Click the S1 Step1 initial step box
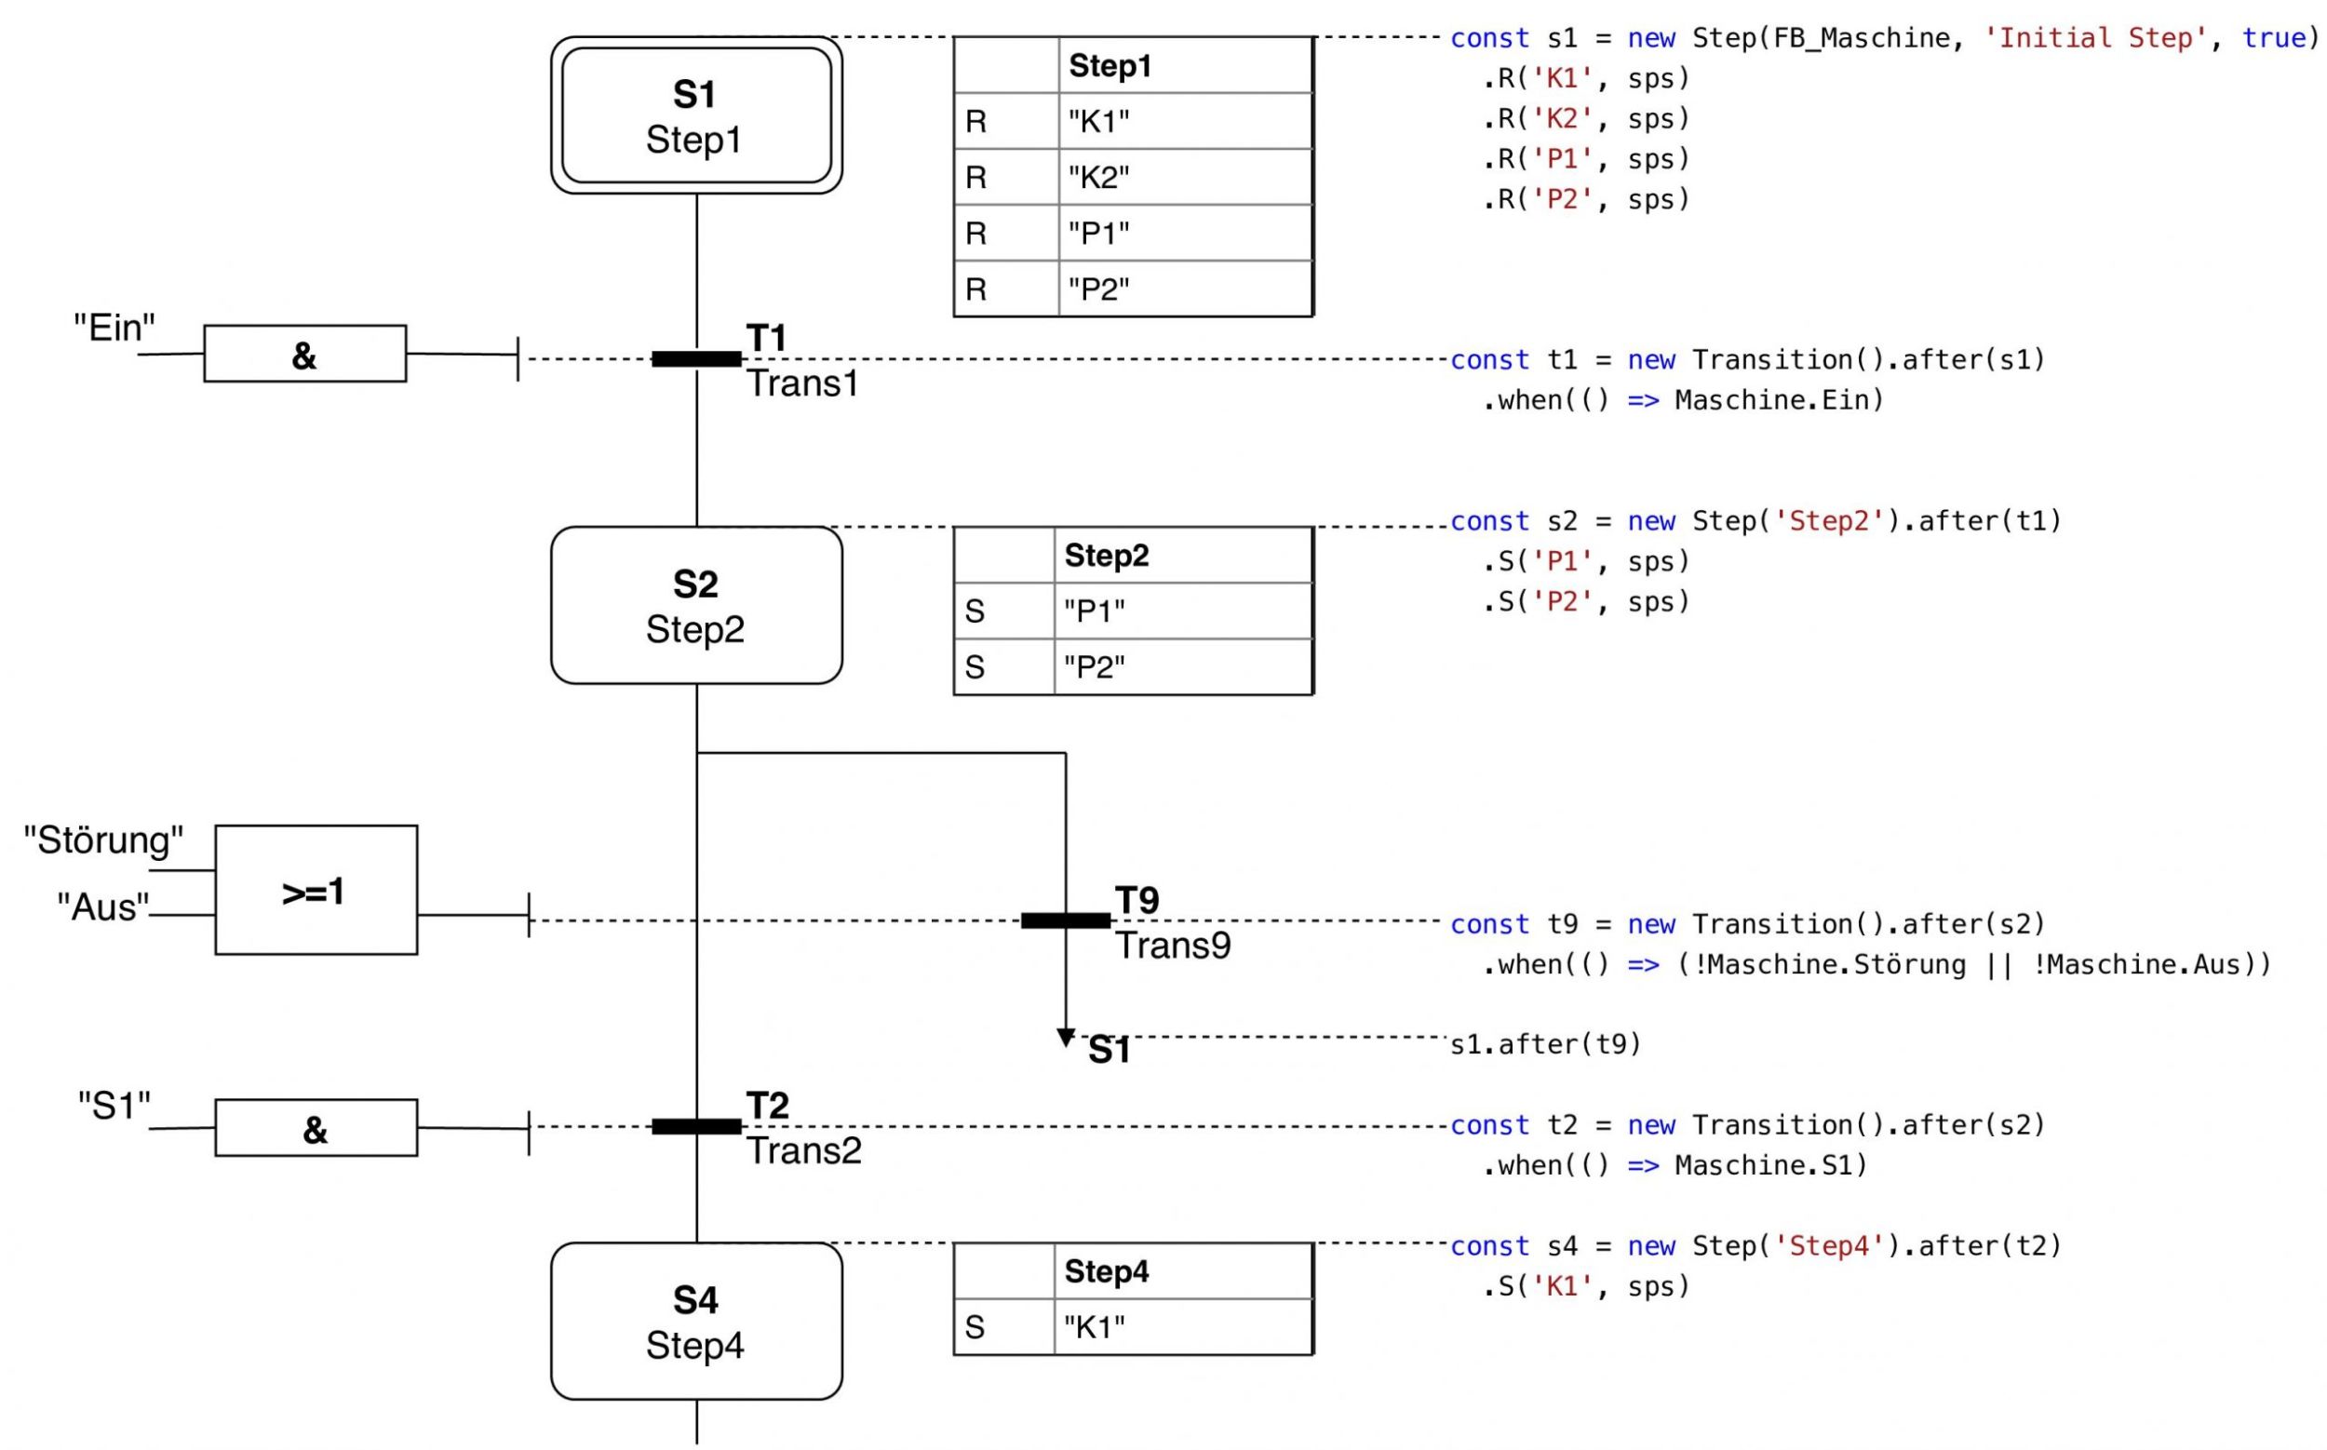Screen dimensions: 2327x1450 pos(696,115)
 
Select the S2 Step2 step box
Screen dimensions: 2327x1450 pos(696,605)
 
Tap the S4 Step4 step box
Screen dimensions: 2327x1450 pos(696,1322)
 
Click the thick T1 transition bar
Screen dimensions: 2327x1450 pos(696,359)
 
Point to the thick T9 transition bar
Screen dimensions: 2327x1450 pos(1066,920)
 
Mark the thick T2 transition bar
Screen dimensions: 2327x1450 pos(696,1127)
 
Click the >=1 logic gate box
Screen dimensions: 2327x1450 pos(316,890)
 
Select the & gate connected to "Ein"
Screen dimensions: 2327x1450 pos(305,354)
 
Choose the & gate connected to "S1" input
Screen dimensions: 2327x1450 pos(316,1128)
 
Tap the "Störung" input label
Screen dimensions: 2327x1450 pos(103,840)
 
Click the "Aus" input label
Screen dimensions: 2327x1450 pos(103,906)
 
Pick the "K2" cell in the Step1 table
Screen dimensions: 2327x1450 pos(1186,178)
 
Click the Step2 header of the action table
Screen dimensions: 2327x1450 pos(1107,556)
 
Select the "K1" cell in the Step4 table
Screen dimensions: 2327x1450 pos(1184,1327)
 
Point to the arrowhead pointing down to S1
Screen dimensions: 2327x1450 pos(1066,1039)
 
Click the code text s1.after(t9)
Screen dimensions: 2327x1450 pos(1545,1043)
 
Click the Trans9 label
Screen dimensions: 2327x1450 pos(1173,946)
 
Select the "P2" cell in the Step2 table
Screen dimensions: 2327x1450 pos(1184,666)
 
